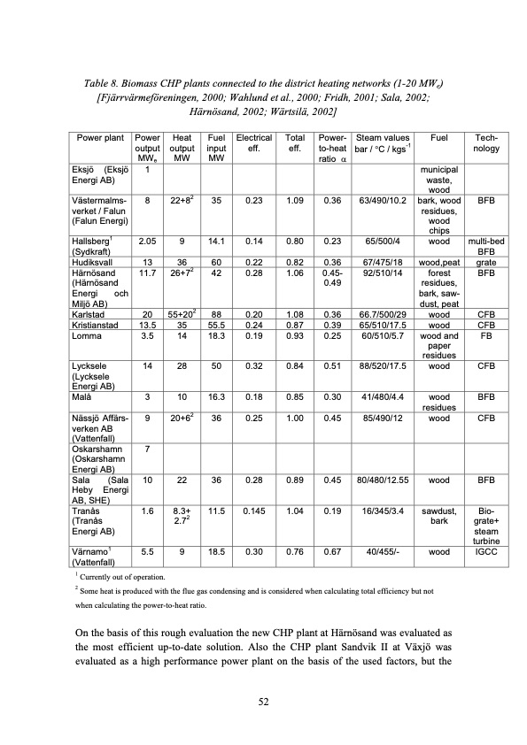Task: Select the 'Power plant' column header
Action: [x=99, y=138]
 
